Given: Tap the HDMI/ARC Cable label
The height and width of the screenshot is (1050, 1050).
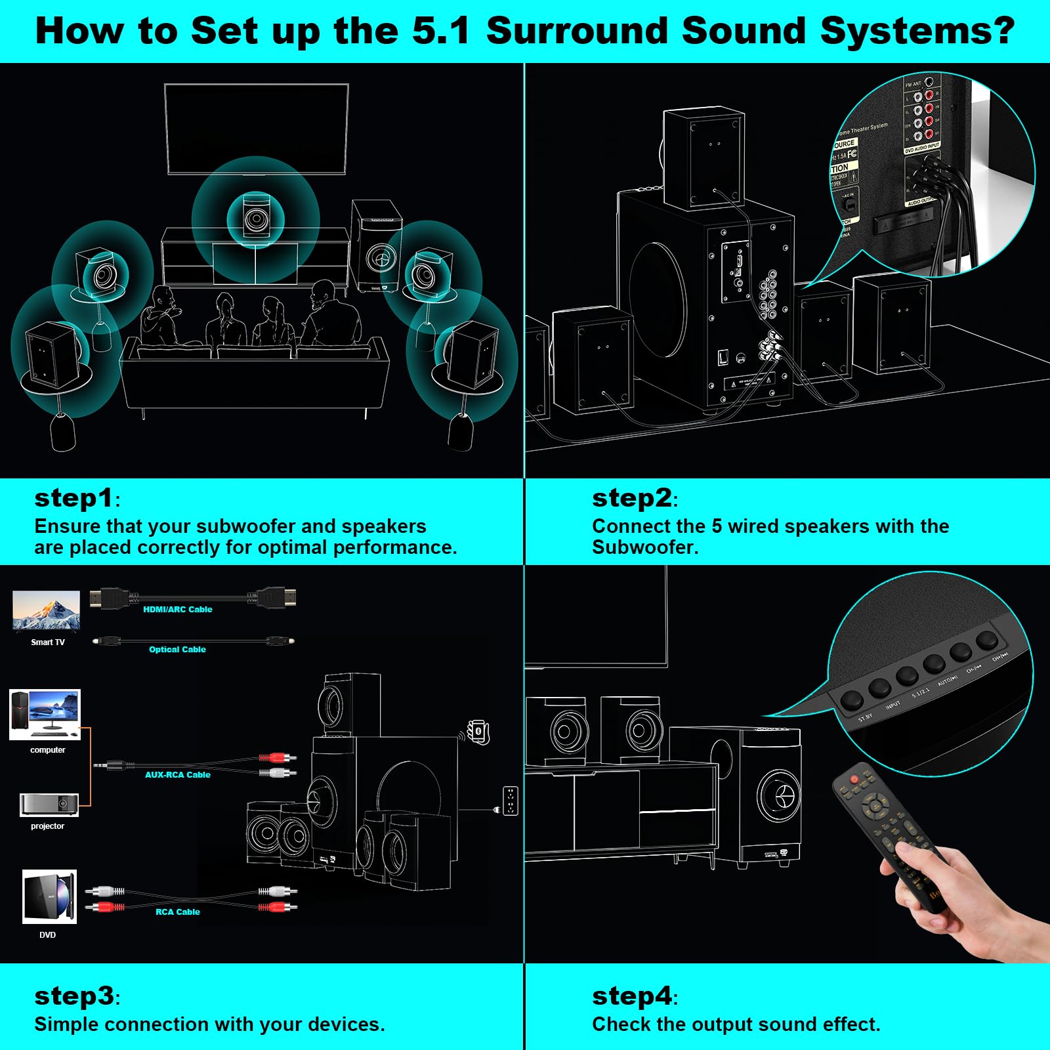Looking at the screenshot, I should pyautogui.click(x=177, y=609).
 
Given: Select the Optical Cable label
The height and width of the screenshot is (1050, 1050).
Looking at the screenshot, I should pyautogui.click(x=177, y=649).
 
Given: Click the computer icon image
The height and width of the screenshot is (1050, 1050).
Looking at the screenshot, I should pyautogui.click(x=45, y=715).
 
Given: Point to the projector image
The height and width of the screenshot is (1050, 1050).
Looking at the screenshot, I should pyautogui.click(x=49, y=805).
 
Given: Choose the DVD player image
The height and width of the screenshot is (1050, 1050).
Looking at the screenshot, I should pyautogui.click(x=49, y=896).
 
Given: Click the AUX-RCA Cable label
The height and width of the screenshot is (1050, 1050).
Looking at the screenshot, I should pyautogui.click(x=177, y=774).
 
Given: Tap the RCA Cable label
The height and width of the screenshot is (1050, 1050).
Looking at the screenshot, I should pyautogui.click(x=177, y=912).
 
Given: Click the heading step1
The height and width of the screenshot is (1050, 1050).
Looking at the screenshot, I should pyautogui.click(x=74, y=498).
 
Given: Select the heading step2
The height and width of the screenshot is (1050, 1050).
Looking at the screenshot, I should pyautogui.click(x=632, y=498).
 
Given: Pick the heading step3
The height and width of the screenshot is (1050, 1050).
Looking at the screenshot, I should pyautogui.click(x=74, y=996).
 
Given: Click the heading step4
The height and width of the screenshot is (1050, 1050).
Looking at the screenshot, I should pyautogui.click(x=632, y=996).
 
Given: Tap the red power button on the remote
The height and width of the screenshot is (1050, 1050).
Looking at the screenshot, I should pyautogui.click(x=854, y=779).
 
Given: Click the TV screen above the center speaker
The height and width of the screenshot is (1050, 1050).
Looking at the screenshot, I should pyautogui.click(x=256, y=129).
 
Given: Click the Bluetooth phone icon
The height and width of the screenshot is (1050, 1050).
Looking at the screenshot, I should pyautogui.click(x=479, y=731).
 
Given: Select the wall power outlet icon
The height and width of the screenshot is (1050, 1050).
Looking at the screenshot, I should pyautogui.click(x=510, y=800).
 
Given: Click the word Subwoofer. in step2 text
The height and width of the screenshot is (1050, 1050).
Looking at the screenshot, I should pyautogui.click(x=645, y=547).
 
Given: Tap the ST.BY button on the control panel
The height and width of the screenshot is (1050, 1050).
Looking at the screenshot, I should pyautogui.click(x=852, y=700).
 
